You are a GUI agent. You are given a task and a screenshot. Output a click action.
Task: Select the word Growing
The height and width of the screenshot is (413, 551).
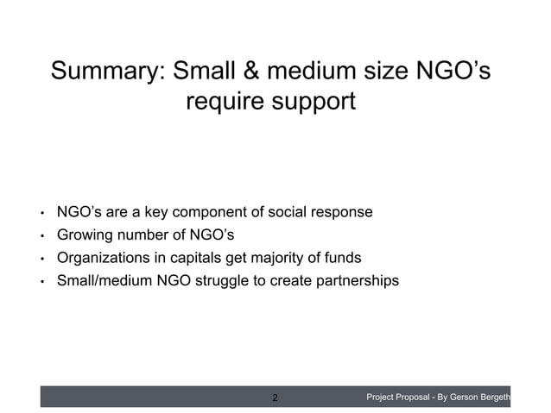click(85, 235)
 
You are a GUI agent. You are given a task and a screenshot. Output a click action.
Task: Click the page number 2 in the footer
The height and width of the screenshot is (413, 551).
click(275, 397)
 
